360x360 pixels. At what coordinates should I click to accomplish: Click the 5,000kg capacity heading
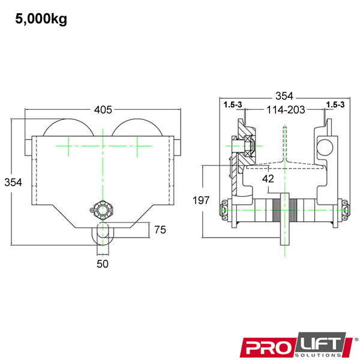coord(41,19)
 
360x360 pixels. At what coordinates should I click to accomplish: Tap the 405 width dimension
coord(103,110)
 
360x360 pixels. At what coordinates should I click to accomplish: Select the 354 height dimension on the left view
coord(13,182)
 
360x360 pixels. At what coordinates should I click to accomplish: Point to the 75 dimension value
coord(160,230)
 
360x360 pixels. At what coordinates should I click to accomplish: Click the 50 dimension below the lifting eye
coord(103,264)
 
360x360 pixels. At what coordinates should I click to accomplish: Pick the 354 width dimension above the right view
coord(284,96)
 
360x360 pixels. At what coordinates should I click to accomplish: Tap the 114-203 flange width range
coord(286,110)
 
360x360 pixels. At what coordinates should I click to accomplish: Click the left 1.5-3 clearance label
coord(233,104)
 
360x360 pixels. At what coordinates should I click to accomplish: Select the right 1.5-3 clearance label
coord(335,104)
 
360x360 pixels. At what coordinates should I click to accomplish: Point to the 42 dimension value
coord(268,179)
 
